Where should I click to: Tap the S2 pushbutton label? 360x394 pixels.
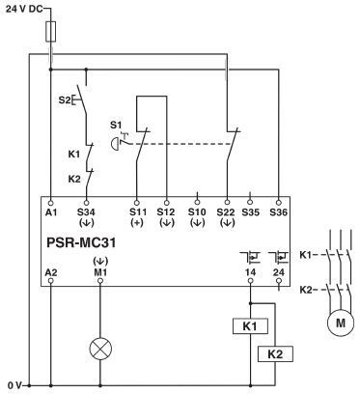click(67, 98)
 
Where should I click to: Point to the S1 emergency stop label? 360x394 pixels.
click(117, 125)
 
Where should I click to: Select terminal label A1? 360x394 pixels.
click(50, 210)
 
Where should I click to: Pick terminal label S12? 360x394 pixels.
click(167, 210)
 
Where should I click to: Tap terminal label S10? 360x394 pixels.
click(197, 210)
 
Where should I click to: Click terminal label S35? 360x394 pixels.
click(252, 210)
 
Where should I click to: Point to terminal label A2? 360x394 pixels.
click(50, 272)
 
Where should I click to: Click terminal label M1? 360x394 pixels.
click(100, 272)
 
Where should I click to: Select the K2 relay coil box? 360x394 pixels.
click(275, 354)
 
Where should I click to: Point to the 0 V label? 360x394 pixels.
click(13, 385)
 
